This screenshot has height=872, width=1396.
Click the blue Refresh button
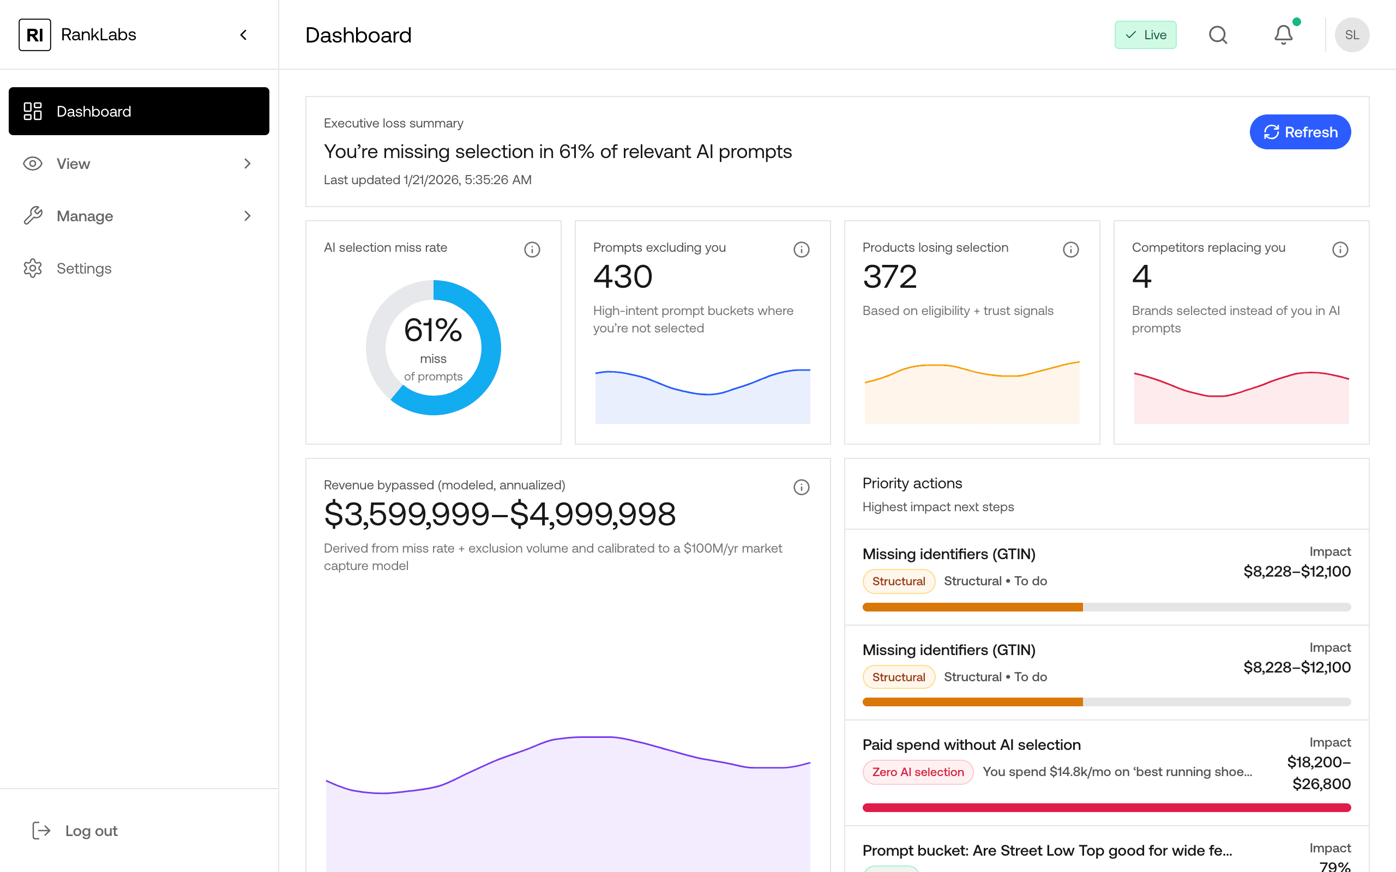1299,132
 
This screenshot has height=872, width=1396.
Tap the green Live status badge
1145,35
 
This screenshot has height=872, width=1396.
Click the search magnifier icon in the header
1218,35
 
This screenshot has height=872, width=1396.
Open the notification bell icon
1283,35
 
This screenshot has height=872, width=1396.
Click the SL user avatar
1352,35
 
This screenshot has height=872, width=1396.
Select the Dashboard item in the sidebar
139,111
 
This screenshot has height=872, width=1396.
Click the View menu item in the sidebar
73,164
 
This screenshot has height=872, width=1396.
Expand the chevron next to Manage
248,216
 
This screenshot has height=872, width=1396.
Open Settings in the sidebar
83,268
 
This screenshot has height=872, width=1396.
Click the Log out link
91,831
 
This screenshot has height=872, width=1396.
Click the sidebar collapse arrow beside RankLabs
243,35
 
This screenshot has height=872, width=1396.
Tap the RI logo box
34,35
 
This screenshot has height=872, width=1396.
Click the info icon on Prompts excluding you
801,249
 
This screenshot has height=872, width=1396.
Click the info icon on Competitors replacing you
1339,249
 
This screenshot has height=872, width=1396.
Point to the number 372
889,277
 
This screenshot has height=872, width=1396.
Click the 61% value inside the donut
432,330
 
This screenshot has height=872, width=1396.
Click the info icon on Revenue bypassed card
801,487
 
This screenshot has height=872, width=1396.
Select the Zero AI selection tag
917,772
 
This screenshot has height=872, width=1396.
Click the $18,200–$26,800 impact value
1319,773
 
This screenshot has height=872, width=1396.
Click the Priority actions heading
912,483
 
